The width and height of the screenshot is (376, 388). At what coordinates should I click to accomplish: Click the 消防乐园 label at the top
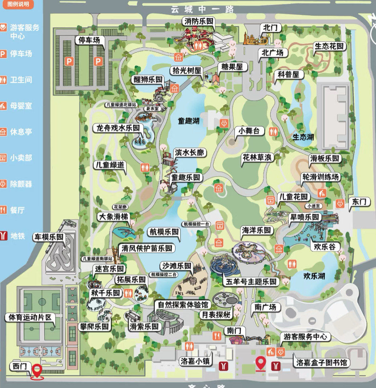point(199,21)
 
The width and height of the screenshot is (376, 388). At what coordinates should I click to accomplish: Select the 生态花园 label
point(329,46)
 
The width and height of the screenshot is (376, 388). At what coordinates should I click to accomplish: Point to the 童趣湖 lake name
point(189,121)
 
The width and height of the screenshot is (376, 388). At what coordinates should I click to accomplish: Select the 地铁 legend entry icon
point(3,236)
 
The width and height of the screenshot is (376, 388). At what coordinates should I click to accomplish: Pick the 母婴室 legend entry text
point(21,106)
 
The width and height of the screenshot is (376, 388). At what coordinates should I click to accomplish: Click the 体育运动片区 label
point(30,317)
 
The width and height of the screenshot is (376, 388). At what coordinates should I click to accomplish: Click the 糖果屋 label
point(232,67)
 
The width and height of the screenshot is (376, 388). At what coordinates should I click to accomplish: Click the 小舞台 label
point(249,131)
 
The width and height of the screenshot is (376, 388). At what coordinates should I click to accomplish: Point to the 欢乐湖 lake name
point(314,276)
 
